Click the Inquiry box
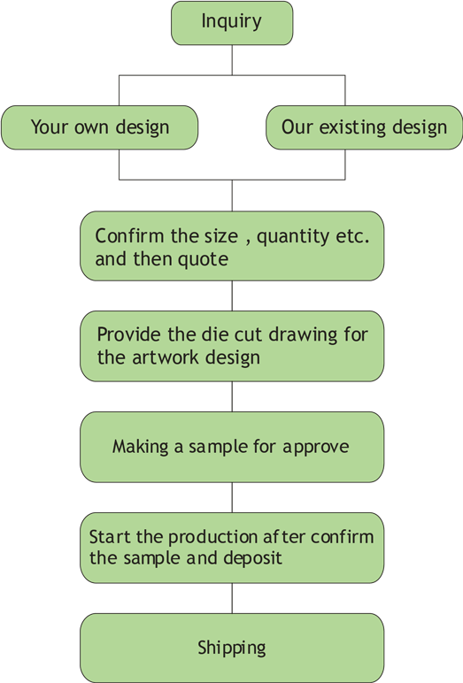232,23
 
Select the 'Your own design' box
99,127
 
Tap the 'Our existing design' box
364,127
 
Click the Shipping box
232,648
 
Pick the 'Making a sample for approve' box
232,447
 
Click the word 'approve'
316,448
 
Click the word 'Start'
111,537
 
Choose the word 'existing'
352,128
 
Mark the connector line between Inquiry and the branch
232,60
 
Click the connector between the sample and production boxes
232,497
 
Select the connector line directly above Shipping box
232,598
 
